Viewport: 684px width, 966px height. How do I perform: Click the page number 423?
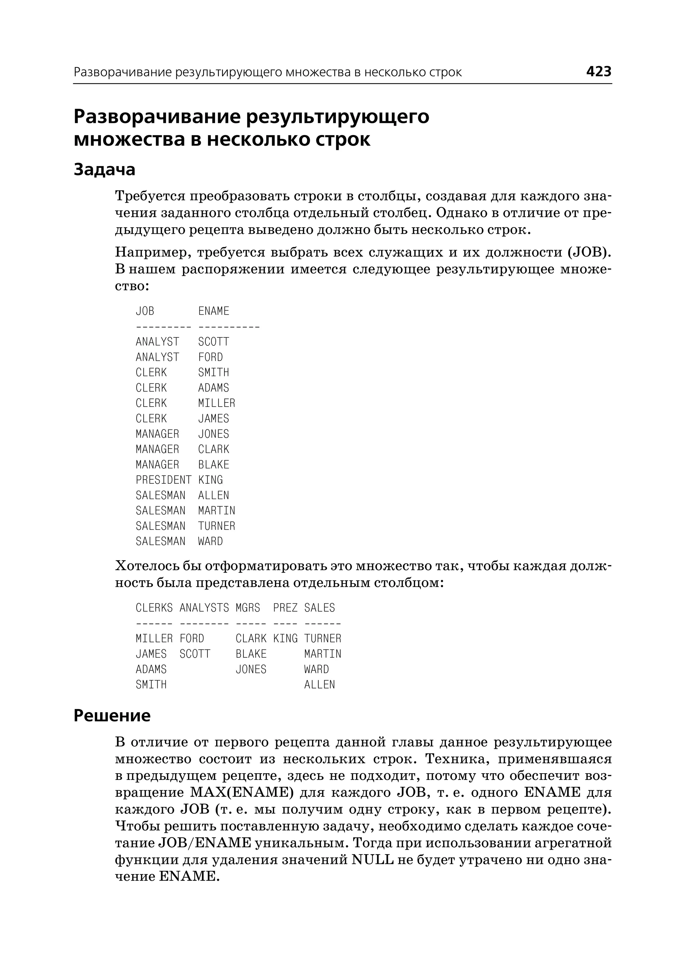pos(598,71)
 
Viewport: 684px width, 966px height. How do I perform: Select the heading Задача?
pos(105,169)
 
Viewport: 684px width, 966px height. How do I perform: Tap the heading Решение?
pos(112,716)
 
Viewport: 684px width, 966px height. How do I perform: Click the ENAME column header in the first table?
pos(213,311)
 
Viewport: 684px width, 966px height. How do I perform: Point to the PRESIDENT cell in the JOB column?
pos(163,480)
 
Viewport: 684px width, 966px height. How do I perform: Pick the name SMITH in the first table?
pos(213,372)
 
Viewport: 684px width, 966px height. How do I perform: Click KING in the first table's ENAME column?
pos(210,480)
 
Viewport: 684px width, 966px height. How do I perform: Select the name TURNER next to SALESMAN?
pos(216,526)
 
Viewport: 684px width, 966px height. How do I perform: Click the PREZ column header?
pos(285,608)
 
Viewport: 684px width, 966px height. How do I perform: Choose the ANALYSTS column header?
pos(204,608)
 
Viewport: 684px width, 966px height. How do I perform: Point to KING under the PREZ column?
pos(285,639)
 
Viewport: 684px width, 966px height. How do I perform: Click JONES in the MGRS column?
pos(251,669)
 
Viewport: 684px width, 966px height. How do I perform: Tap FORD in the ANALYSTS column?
pos(192,639)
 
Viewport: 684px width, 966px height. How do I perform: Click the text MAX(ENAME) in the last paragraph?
pos(242,792)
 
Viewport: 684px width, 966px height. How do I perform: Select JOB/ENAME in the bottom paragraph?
pos(204,843)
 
